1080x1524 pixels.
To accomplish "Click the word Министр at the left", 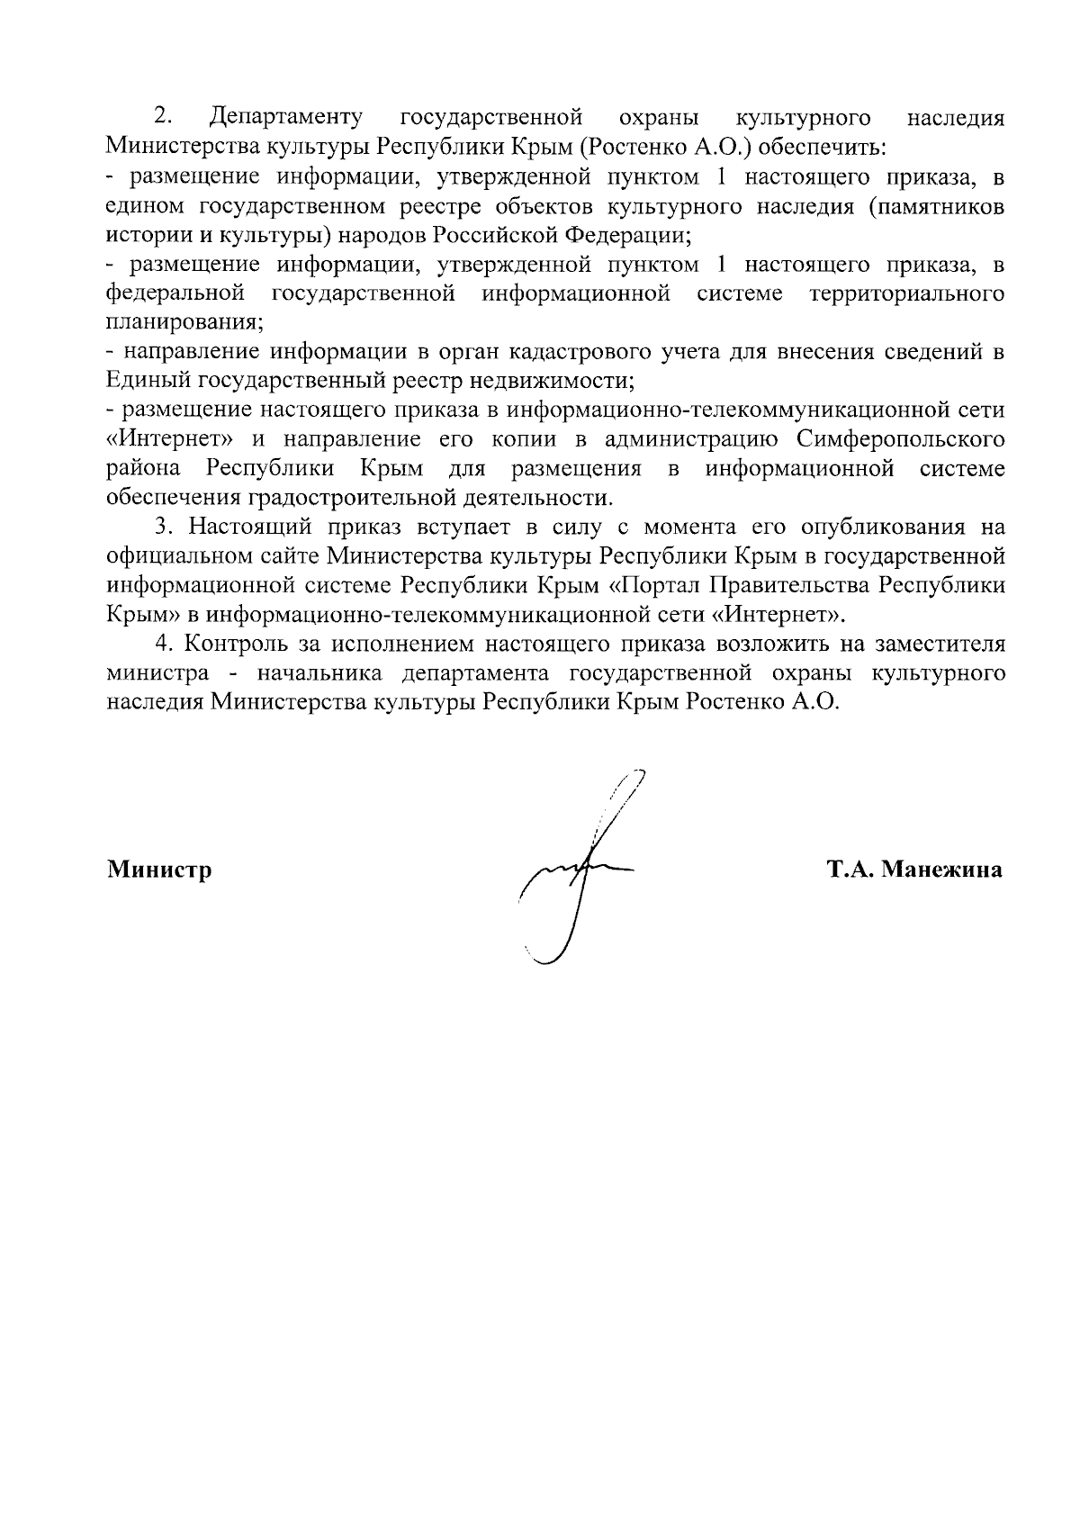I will pyautogui.click(x=159, y=870).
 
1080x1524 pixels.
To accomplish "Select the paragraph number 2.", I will pyautogui.click(x=162, y=117).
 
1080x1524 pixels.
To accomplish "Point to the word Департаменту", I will pyautogui.click(x=285, y=118).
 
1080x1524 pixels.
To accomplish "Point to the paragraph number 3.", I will pyautogui.click(x=162, y=527).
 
